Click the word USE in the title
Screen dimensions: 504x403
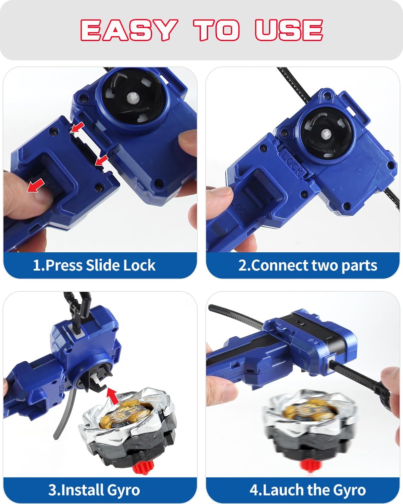click(288, 30)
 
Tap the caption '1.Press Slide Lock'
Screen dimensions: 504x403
click(94, 265)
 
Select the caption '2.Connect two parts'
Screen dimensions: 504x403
click(308, 265)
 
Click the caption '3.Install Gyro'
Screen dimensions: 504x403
click(94, 490)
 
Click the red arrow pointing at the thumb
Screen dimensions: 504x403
click(36, 185)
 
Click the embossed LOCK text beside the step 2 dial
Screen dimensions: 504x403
click(291, 163)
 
